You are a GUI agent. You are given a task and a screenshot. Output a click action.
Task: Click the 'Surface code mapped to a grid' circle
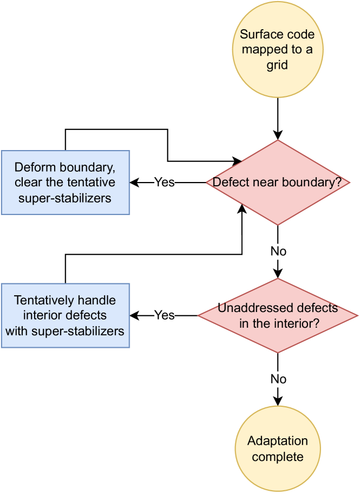coord(277,50)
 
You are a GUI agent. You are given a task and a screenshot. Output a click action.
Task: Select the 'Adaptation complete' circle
coord(278,449)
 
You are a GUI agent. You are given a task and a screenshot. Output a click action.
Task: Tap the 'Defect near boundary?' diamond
coord(278,183)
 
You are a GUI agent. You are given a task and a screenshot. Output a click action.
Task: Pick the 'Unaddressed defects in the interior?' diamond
coord(278,316)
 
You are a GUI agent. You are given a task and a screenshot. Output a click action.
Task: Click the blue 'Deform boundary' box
coord(65,183)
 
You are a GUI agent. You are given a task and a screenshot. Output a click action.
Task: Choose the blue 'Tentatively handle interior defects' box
coord(65,315)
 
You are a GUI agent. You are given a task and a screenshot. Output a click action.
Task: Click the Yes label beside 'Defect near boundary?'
coord(164,183)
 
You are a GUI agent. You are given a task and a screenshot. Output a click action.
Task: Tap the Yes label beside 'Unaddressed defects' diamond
coord(164,315)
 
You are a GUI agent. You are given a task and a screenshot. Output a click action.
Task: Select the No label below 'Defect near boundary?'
coord(278,251)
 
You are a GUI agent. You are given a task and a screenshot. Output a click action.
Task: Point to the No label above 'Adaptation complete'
coord(278,379)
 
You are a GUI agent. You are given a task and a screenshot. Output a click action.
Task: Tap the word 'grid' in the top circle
coord(277,65)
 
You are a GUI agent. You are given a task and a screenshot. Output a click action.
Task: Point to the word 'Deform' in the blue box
coord(32,167)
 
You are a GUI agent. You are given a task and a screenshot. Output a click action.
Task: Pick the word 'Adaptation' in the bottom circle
coord(278,441)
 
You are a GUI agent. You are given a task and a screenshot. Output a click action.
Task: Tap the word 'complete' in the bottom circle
coord(278,457)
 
